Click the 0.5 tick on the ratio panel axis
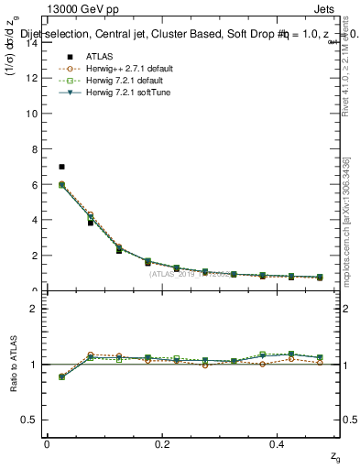[29, 420]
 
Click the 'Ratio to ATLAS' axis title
[12, 364]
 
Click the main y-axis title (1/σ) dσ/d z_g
[12, 72]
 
